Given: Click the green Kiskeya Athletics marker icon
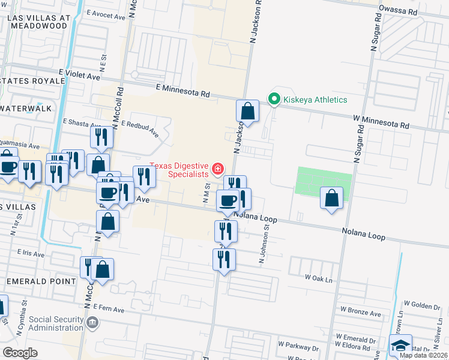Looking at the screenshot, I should (x=274, y=99).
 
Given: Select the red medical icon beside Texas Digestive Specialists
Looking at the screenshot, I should (x=217, y=170).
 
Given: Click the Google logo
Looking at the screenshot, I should (x=20, y=353).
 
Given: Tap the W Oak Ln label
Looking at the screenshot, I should (x=319, y=277).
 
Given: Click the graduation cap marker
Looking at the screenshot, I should (x=400, y=345).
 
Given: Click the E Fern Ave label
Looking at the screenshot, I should (x=108, y=310).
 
